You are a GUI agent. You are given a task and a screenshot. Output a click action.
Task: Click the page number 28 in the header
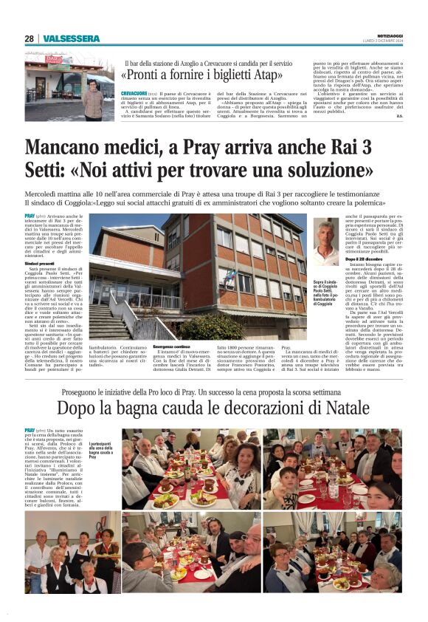29,38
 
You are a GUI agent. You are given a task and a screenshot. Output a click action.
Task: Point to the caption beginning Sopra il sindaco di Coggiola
324,290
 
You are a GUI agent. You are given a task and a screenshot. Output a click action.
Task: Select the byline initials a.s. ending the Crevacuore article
399,115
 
